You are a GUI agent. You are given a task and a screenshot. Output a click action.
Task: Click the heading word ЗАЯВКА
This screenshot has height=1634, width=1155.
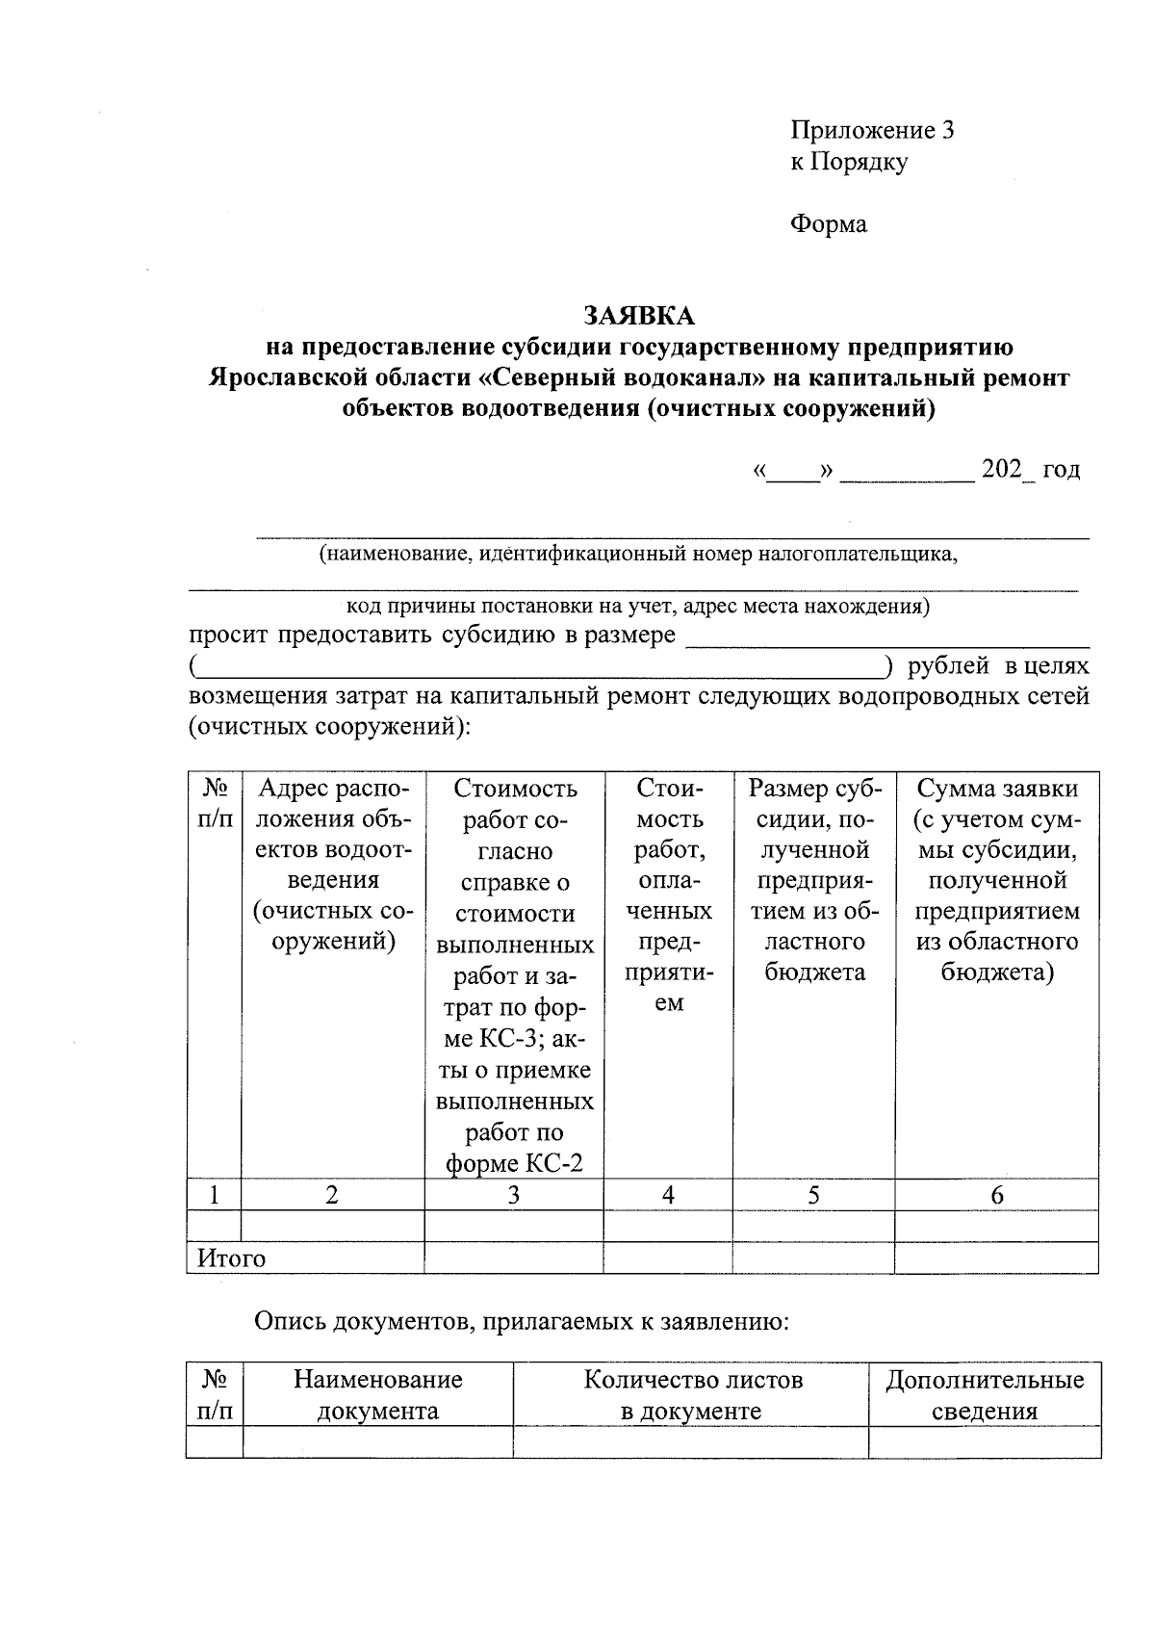pos(638,316)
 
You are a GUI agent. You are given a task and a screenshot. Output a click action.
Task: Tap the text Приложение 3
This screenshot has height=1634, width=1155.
pos(872,131)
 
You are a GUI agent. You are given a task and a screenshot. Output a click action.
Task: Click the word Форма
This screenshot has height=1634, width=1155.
pos(829,224)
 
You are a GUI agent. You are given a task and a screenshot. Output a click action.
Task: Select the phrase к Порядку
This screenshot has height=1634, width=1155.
pos(849,162)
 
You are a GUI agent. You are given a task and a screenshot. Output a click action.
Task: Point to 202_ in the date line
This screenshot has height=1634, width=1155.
pos(1005,470)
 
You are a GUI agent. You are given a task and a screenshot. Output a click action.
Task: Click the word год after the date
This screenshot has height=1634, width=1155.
pos(1062,470)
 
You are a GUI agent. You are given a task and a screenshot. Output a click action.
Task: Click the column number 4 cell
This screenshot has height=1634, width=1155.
pos(668,1195)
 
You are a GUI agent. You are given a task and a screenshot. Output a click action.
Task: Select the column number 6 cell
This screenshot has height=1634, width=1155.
pos(996,1195)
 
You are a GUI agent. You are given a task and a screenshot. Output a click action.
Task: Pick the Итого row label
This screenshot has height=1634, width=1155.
pos(231,1258)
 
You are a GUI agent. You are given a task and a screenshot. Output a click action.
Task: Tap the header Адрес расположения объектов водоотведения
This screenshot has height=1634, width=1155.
pos(333,865)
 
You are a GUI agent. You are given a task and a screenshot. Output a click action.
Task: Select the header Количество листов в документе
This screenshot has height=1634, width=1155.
pos(692,1395)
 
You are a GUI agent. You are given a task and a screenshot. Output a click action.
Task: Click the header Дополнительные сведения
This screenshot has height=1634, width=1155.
pos(985,1395)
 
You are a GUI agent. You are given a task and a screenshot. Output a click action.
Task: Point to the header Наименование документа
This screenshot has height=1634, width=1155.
pos(377,1395)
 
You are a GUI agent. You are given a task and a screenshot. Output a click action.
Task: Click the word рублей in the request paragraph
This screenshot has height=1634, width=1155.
pos(948,666)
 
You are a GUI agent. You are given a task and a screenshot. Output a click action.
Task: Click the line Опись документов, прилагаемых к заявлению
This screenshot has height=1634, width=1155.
pos(522,1322)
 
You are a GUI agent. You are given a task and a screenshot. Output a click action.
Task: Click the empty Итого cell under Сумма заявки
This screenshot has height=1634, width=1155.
pos(996,1258)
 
